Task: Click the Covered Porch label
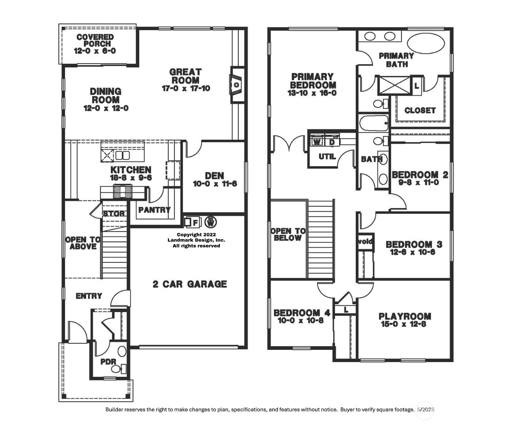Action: pyautogui.click(x=95, y=40)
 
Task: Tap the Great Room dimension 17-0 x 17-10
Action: pyautogui.click(x=186, y=88)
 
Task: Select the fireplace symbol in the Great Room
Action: pyautogui.click(x=236, y=85)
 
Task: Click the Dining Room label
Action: pyautogui.click(x=106, y=96)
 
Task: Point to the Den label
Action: pyautogui.click(x=215, y=175)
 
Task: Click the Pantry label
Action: pyautogui.click(x=154, y=210)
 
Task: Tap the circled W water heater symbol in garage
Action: pyautogui.click(x=211, y=222)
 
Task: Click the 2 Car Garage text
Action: pyautogui.click(x=190, y=284)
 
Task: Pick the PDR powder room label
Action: pyautogui.click(x=108, y=362)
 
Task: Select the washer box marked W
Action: pyautogui.click(x=317, y=142)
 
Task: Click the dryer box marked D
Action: pyautogui.click(x=332, y=142)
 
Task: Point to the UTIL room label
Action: pyautogui.click(x=327, y=156)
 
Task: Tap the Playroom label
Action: pyautogui.click(x=405, y=316)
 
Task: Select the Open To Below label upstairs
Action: pyautogui.click(x=288, y=234)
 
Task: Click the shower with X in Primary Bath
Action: pyautogui.click(x=394, y=86)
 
